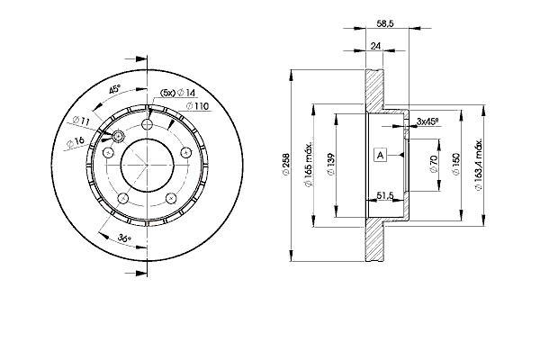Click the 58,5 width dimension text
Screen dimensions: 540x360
pos(385,23)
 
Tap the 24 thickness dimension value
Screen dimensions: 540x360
pos(376,46)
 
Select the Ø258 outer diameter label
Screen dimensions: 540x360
pos(286,165)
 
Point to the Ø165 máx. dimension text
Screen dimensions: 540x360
pos(308,164)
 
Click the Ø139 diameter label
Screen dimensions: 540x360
pos(331,165)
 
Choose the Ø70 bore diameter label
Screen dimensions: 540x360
pos(433,164)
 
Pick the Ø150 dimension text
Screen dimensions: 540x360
pos(456,165)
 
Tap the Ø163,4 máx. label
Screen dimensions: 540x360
pos(480,165)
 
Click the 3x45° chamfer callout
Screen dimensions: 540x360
pos(427,121)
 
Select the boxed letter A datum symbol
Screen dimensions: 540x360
pos(380,155)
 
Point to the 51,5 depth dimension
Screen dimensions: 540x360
pos(384,195)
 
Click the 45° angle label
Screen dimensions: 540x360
pos(114,90)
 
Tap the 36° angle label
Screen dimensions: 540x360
pos(124,238)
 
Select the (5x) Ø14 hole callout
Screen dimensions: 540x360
pos(177,93)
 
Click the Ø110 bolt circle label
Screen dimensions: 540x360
pos(197,106)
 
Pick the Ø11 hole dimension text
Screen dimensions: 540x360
pos(81,121)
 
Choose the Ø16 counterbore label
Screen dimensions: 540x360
pos(75,141)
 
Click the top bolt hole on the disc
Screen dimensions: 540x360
pos(148,123)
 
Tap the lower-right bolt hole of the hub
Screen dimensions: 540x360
pos(171,198)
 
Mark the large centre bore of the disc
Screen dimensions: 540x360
pos(147,165)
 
